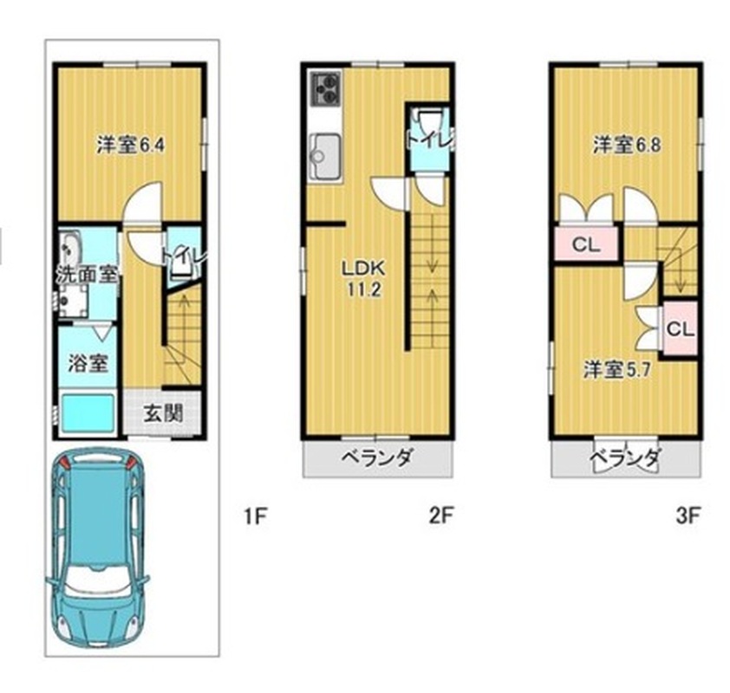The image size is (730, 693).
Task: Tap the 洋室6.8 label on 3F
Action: (626, 146)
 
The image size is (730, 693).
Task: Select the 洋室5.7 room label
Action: (617, 370)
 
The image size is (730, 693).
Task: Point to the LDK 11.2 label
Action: (363, 279)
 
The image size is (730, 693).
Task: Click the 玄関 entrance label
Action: (163, 413)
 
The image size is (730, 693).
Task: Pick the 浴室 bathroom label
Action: (88, 363)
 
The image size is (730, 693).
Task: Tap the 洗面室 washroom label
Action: (87, 275)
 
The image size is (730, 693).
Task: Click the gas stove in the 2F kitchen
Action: (325, 87)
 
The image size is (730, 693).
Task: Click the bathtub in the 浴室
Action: (88, 412)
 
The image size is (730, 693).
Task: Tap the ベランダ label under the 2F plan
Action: (377, 458)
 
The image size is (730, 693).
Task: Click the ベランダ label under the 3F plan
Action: (625, 458)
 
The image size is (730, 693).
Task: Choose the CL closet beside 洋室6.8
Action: (586, 243)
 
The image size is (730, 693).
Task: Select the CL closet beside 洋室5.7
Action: (681, 329)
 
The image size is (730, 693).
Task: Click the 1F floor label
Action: (256, 515)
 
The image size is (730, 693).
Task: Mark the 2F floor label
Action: (440, 515)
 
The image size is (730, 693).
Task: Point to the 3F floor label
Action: (688, 515)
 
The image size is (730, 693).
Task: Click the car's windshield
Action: (97, 579)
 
